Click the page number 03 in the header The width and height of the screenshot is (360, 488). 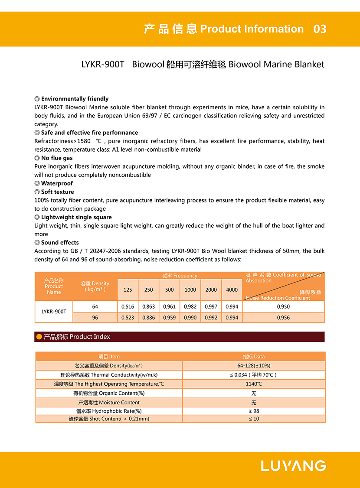[320, 29]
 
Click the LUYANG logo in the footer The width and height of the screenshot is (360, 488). [293, 466]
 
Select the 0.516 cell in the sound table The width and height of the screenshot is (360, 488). [128, 306]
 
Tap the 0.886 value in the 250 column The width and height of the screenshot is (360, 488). [148, 318]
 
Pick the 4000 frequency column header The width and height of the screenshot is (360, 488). [232, 290]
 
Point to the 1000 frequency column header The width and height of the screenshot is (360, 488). [190, 290]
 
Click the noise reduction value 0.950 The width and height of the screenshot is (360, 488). [283, 306]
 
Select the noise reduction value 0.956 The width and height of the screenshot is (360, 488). [283, 318]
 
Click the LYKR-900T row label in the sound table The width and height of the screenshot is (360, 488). [54, 312]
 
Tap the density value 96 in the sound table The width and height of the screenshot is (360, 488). [95, 318]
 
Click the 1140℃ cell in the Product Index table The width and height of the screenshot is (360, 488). [254, 384]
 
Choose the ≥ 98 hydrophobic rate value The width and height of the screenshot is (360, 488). [254, 411]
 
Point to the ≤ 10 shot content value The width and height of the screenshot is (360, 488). [254, 419]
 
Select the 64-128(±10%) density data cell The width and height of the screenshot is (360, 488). [254, 366]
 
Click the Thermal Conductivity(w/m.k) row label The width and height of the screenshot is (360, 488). [109, 375]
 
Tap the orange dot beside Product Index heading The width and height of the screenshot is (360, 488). [39, 337]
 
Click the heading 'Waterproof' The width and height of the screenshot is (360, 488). [57, 183]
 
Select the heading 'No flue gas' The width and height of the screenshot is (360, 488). [57, 158]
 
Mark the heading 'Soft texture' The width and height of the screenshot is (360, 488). [57, 192]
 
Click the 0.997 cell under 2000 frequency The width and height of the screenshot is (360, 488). [211, 306]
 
